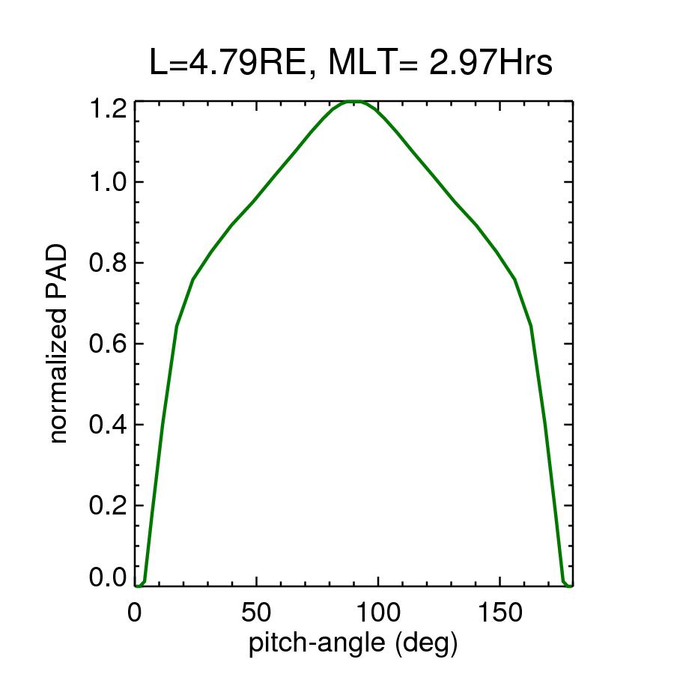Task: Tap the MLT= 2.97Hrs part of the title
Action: click(441, 64)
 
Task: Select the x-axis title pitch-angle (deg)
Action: click(353, 643)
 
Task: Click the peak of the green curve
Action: click(355, 101)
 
